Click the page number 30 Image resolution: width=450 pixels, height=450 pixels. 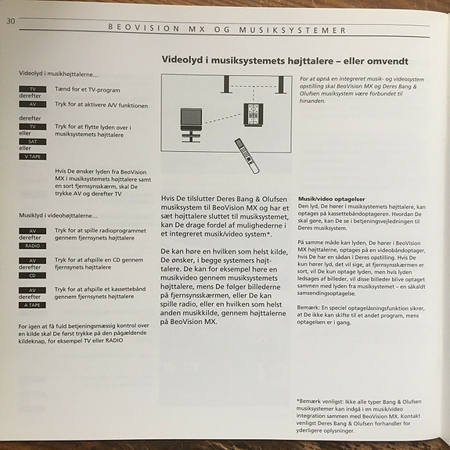coord(11,20)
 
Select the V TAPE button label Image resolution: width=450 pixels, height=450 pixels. coord(32,157)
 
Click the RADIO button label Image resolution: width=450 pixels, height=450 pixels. coord(32,245)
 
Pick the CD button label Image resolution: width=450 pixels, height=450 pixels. coord(32,275)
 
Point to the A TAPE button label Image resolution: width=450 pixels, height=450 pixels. coord(32,304)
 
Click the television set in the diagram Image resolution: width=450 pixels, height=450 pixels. coord(192,121)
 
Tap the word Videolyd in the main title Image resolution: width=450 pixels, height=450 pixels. coord(182,59)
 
